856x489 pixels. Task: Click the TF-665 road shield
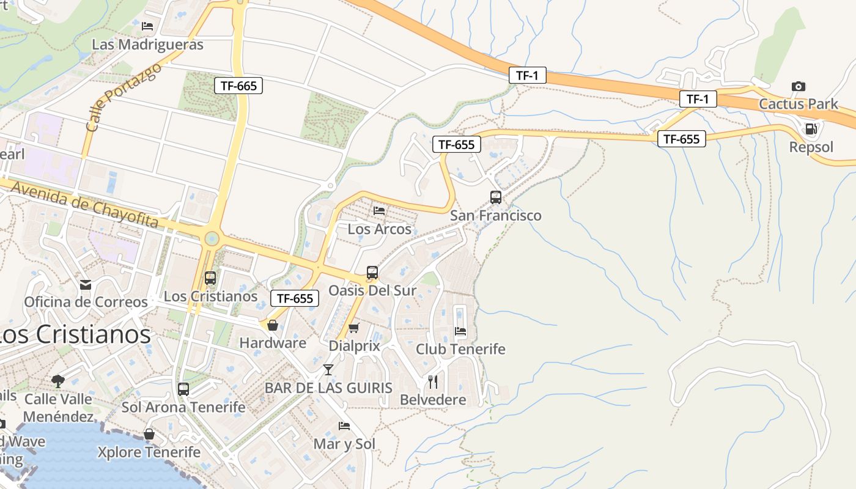point(238,86)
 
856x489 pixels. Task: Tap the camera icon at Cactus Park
point(798,86)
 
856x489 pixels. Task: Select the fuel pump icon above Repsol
point(811,129)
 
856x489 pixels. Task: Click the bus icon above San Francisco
point(496,197)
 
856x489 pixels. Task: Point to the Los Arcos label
point(380,229)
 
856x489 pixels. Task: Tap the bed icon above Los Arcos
point(379,211)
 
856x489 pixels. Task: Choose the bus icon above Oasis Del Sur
point(372,273)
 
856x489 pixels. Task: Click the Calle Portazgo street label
point(124,97)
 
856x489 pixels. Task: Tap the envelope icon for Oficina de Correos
point(86,285)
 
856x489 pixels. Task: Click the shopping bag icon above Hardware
point(273,325)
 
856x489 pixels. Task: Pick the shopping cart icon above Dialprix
point(353,328)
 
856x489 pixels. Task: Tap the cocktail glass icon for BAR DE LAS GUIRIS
point(328,369)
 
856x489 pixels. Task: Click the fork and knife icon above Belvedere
point(433,382)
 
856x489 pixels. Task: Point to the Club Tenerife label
point(460,349)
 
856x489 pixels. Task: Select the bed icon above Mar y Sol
point(344,426)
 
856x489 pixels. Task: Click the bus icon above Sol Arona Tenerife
point(183,389)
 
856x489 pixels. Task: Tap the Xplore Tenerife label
point(149,452)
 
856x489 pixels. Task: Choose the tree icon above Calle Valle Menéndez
point(58,381)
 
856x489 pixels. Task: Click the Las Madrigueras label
point(147,45)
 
